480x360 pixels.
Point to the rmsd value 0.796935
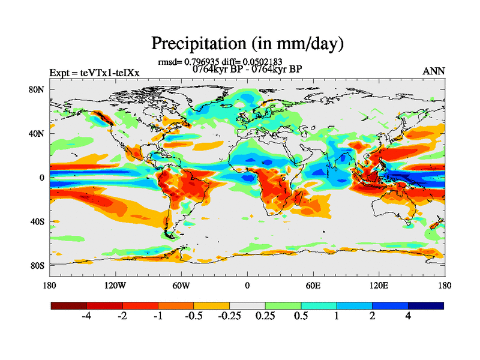(x=203, y=61)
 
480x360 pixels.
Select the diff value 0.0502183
(x=262, y=61)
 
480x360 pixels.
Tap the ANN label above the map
(x=434, y=71)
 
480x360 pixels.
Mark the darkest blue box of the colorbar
(x=425, y=305)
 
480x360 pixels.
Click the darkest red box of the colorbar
(x=69, y=305)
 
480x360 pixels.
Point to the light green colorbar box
(x=283, y=305)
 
